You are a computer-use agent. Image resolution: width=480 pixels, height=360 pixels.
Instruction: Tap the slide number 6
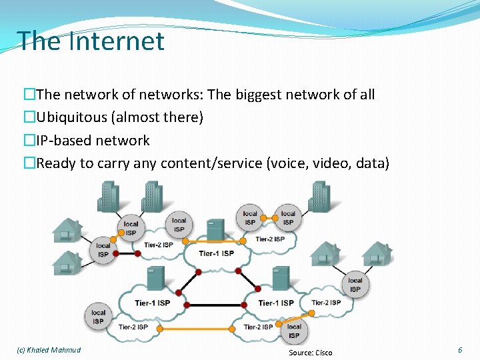point(460,350)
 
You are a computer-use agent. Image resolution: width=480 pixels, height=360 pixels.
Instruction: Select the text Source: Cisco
point(310,352)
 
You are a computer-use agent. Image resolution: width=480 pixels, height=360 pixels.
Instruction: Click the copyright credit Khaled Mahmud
point(48,350)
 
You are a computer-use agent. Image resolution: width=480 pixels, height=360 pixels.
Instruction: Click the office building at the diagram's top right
point(319,195)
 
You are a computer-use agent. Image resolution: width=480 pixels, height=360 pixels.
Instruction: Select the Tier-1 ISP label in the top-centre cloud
point(217,253)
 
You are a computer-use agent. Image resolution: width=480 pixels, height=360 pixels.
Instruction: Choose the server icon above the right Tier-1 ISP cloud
point(281,279)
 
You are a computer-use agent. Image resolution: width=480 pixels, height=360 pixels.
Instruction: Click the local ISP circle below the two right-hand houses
point(355,285)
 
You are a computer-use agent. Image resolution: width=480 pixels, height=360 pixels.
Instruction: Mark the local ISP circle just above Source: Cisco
point(294,331)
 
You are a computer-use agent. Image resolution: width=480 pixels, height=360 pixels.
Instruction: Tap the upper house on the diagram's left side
point(66,229)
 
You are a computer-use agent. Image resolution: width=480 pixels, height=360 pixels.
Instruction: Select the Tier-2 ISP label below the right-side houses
point(325,303)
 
